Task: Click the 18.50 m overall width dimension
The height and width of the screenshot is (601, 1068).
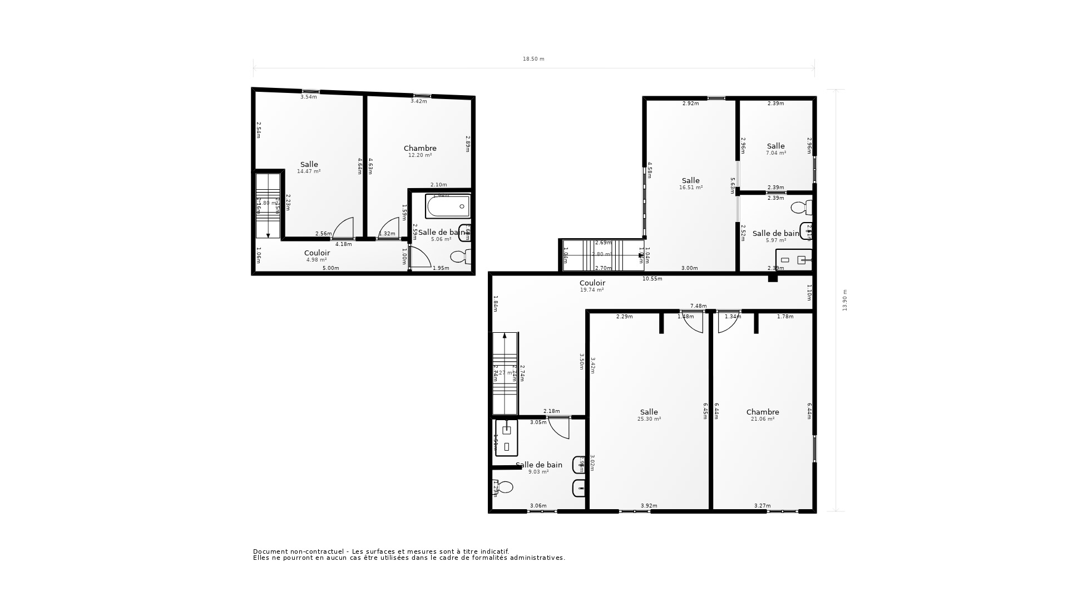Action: coord(533,59)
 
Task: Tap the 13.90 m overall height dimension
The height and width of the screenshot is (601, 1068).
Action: coord(844,300)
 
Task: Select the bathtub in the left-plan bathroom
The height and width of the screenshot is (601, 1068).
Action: coord(448,206)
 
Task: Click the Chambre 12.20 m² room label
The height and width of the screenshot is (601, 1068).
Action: coord(420,151)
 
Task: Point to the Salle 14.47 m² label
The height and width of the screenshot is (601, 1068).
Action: coord(309,167)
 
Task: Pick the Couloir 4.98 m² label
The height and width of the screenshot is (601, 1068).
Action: coord(317,255)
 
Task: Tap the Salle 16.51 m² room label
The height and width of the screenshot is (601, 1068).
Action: coord(690,183)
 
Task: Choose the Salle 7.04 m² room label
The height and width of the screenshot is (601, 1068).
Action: coord(775,149)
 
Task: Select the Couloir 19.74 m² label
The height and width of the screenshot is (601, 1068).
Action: coord(592,285)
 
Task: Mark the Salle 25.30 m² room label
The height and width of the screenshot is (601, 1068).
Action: coord(649,415)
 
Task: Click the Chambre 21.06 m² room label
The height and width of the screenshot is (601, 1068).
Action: coord(762,415)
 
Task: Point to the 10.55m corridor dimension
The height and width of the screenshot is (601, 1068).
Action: coord(652,279)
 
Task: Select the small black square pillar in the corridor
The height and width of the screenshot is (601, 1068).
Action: coord(772,278)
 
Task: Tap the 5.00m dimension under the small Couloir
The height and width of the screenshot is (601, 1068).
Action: coord(330,268)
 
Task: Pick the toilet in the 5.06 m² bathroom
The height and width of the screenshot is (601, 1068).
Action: coord(459,257)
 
